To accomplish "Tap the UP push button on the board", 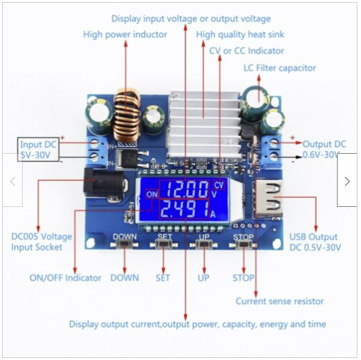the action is click(x=204, y=244).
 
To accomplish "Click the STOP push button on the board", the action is click(x=243, y=244).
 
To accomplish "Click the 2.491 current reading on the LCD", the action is click(x=185, y=209).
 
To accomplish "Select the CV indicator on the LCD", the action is click(x=219, y=185).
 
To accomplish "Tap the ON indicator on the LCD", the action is click(x=152, y=194).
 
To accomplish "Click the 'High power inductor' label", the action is click(x=125, y=35).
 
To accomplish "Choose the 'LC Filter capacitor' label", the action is click(x=280, y=68).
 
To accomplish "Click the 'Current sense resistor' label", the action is click(x=280, y=301).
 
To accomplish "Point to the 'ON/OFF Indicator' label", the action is click(x=65, y=278).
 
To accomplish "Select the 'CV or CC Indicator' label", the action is click(x=246, y=51).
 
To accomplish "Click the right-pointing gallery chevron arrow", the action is click(x=347, y=181).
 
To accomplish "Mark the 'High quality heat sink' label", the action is click(x=240, y=35).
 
